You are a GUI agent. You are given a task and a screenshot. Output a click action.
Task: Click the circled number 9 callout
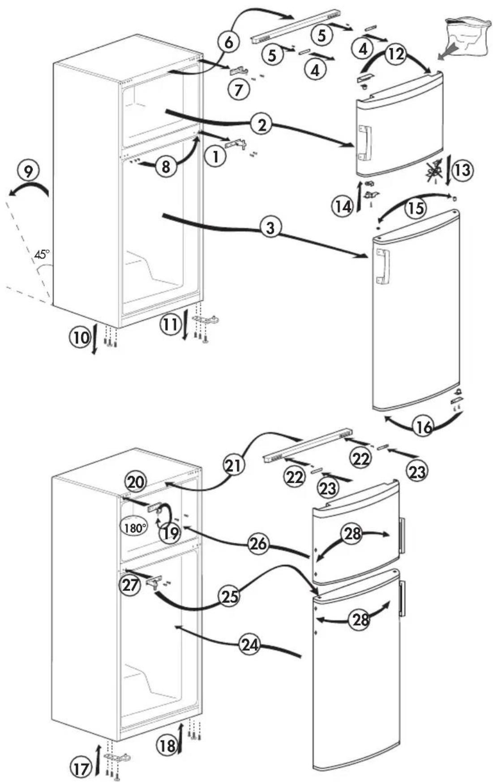coord(28,172)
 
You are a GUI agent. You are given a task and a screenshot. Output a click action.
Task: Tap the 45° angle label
coord(42,255)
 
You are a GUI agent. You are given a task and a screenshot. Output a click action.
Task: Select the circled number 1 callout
coord(216,156)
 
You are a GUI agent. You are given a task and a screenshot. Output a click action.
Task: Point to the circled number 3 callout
coord(270,228)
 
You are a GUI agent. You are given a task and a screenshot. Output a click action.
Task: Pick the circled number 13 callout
coord(463,170)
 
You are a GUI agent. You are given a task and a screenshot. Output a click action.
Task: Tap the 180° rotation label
coord(134,528)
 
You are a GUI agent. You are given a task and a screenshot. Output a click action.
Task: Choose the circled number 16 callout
coord(423,427)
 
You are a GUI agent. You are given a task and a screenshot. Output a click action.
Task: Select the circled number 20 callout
coord(136,482)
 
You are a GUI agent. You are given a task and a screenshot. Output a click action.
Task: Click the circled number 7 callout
coord(239,90)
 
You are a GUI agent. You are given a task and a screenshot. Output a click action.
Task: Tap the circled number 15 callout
coord(416,207)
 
